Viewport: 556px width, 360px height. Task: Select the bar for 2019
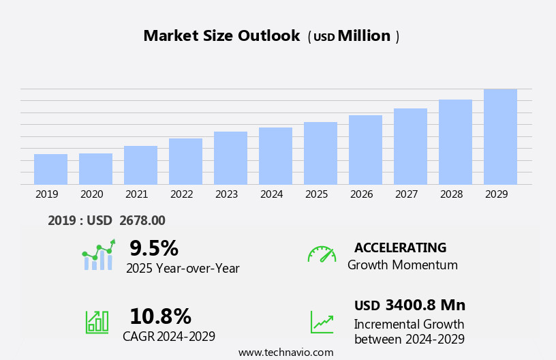(x=50, y=169)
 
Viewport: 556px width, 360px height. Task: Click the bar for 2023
(x=230, y=157)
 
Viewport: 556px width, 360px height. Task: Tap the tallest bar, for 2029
(x=500, y=136)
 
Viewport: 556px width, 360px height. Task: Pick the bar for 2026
(x=365, y=149)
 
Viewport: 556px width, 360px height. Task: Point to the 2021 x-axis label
(x=136, y=194)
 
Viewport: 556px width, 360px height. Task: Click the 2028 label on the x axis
(x=451, y=194)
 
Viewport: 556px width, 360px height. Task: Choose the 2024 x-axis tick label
(x=271, y=194)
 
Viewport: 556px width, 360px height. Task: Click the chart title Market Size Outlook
(x=221, y=36)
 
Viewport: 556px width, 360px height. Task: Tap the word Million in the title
(x=364, y=36)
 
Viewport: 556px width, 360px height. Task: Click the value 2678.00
(x=142, y=220)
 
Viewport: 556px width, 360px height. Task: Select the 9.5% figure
(x=154, y=248)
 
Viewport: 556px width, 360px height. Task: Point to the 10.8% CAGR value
(x=160, y=316)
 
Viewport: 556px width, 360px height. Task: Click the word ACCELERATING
(x=400, y=247)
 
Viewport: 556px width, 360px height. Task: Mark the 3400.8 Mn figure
(x=425, y=305)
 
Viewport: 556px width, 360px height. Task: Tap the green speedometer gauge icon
(x=322, y=254)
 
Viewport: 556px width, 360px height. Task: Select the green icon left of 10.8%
(x=97, y=321)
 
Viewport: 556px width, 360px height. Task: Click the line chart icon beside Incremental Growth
(x=322, y=322)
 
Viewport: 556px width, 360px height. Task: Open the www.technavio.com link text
(x=285, y=352)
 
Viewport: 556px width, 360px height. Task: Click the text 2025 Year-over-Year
(x=183, y=269)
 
